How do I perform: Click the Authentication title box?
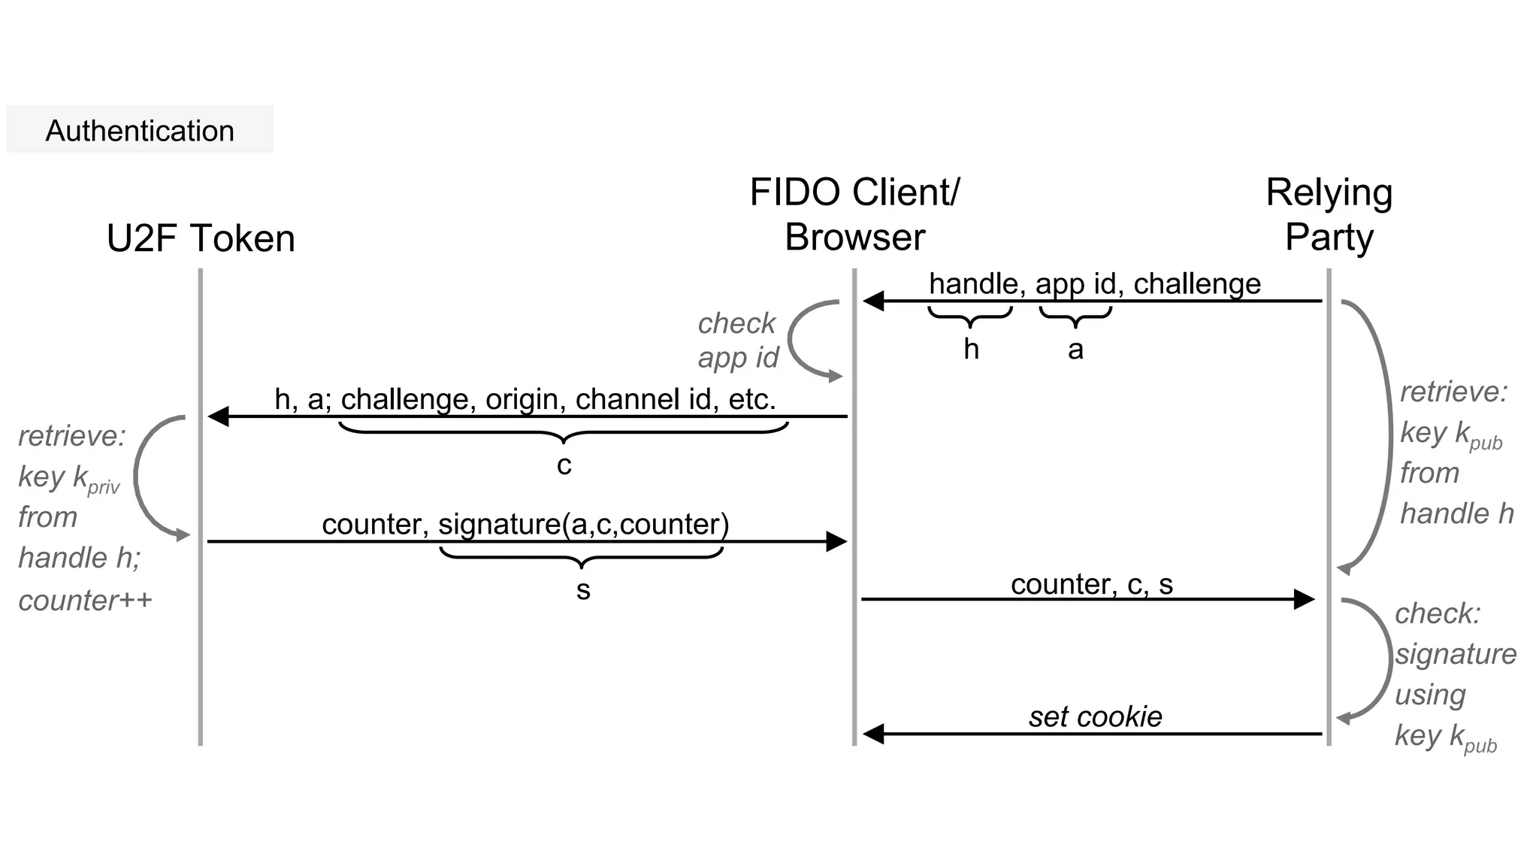pos(140,130)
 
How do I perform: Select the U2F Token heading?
pos(201,238)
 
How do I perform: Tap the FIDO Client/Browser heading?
pos(854,214)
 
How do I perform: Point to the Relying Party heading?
pos(1329,214)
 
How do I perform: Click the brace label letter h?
pos(971,350)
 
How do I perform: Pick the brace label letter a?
pos(1075,350)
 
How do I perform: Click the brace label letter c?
pos(564,465)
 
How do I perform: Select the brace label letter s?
pos(583,590)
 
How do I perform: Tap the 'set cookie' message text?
pos(1095,716)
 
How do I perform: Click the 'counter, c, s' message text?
pos(1091,584)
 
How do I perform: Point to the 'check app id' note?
pos(737,341)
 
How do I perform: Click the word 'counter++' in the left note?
pos(85,601)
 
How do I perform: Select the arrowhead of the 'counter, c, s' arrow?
pos(1304,599)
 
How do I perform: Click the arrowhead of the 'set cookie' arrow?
pos(873,734)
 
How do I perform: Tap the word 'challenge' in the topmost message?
pos(1196,284)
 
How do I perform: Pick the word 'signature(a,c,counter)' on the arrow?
pos(583,524)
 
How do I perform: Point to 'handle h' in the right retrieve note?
pos(1456,513)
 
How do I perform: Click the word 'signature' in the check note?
pos(1456,654)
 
